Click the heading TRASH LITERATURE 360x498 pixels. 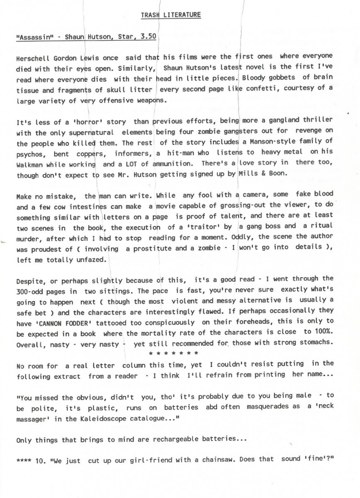[x=171, y=15]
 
